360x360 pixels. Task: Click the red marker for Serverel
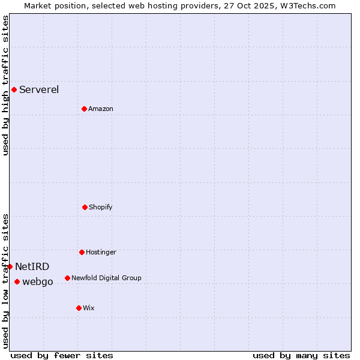(14, 90)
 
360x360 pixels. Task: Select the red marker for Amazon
(84, 109)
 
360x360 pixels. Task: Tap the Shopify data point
(85, 207)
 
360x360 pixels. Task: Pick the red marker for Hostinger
(82, 252)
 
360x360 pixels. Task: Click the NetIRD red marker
(10, 266)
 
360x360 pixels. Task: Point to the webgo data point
(17, 281)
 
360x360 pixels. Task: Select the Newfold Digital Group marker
(67, 278)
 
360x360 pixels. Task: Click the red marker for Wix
(79, 308)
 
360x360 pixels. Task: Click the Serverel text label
(39, 90)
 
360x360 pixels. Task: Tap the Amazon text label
(101, 109)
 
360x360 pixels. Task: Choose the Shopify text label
(101, 207)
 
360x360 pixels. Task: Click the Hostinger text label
(101, 252)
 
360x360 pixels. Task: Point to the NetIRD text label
(32, 266)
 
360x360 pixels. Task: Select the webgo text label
(38, 281)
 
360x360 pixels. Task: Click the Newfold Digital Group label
(106, 278)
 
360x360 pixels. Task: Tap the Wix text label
(89, 308)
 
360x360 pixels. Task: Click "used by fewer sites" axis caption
(62, 355)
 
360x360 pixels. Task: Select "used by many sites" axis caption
(301, 355)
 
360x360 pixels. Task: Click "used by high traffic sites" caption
(5, 85)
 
